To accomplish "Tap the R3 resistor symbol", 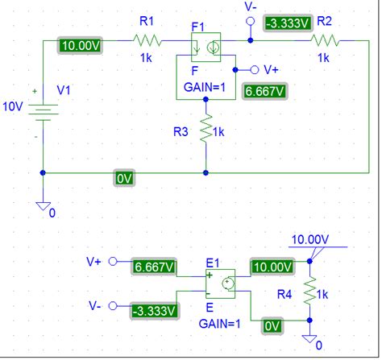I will coord(206,129).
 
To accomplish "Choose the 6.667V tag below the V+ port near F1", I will coord(264,92).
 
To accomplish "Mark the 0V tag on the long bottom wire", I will coord(124,178).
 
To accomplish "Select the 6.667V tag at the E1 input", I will coord(156,266).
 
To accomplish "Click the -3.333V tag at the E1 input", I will coord(156,310).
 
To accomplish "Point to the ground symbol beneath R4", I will coord(308,337).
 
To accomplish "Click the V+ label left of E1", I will coord(95,262).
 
